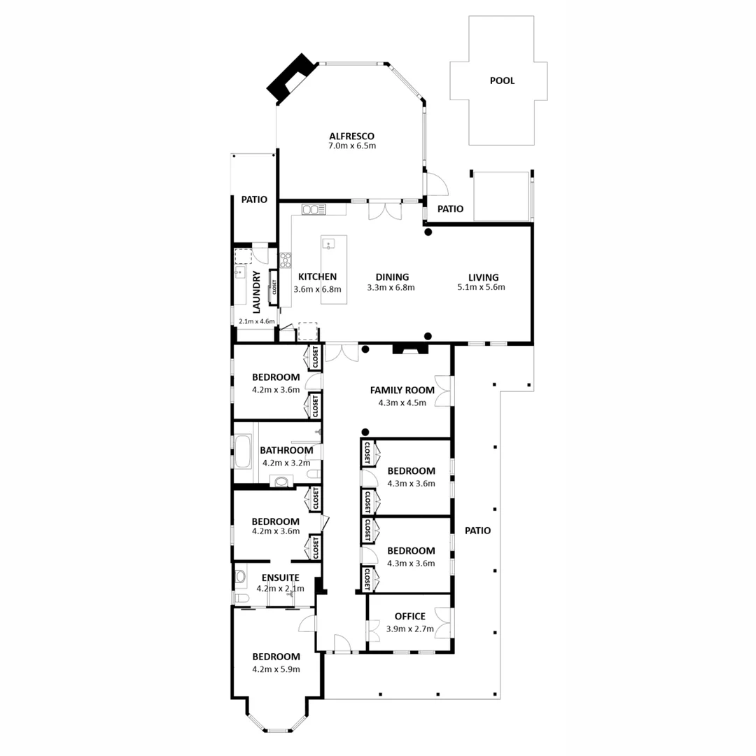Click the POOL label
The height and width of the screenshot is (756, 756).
[x=502, y=80]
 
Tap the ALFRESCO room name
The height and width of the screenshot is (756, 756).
[x=352, y=136]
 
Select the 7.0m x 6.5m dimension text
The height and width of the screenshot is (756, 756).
[x=352, y=146]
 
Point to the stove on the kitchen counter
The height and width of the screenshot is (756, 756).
[x=285, y=260]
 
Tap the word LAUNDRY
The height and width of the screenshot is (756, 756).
[x=256, y=292]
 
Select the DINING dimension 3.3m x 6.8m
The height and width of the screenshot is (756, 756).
[x=391, y=287]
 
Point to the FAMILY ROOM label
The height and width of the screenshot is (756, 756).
[x=402, y=390]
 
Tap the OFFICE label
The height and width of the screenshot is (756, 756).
[x=409, y=616]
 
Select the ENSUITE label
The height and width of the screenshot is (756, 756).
[x=280, y=577]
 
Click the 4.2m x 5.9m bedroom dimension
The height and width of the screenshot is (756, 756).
[x=276, y=668]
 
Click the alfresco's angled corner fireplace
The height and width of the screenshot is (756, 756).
[x=290, y=76]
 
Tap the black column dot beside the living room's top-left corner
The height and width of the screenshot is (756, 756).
[x=428, y=232]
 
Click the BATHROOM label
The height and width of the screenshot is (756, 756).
[x=286, y=451]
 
